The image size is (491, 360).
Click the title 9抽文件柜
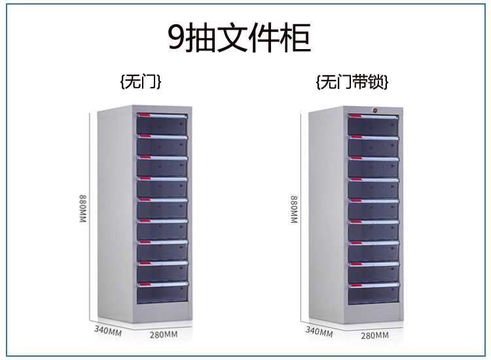point(239,37)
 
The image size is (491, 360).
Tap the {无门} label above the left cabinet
point(141,82)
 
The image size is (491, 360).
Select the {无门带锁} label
point(352,82)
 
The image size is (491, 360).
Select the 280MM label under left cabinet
point(163,334)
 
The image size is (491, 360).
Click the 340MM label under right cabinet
point(319,330)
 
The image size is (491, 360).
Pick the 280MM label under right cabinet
point(374,336)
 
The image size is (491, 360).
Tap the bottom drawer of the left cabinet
point(162,294)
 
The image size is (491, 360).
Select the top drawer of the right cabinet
point(373,126)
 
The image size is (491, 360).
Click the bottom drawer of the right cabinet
point(373,295)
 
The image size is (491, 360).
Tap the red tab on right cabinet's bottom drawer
point(355,285)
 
